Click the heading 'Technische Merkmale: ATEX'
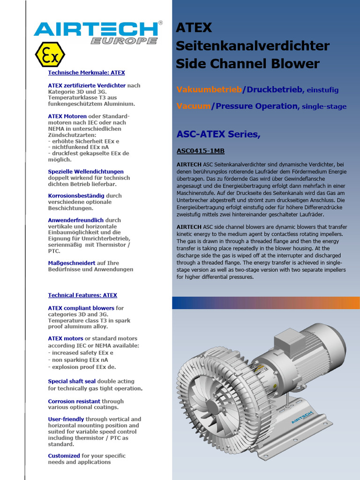[x=86, y=73]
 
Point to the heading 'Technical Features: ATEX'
[x=82, y=295]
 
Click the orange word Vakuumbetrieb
[x=209, y=90]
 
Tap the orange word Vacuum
[x=193, y=106]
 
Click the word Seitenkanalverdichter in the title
[x=253, y=46]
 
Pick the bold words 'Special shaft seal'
[x=72, y=382]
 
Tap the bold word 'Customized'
[x=64, y=456]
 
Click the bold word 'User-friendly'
[x=66, y=419]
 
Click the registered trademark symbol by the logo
[x=161, y=22]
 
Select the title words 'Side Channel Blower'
[x=247, y=64]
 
